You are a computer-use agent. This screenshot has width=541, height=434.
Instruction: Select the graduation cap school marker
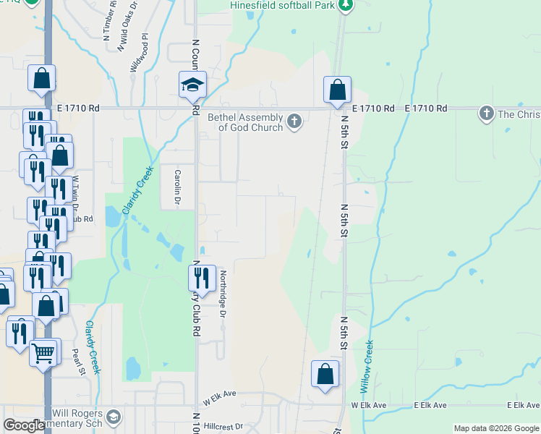coord(193,85)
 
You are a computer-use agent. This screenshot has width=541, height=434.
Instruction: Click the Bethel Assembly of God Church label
coord(245,122)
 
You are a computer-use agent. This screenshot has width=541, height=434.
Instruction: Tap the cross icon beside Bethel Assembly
coord(294,121)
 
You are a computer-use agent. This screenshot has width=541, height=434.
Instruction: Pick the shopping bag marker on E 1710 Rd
coord(337,90)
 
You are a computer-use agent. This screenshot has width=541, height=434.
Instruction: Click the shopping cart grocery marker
coord(43,354)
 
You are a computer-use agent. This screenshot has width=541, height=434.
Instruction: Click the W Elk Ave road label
coord(220,397)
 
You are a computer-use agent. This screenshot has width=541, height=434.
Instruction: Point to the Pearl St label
coord(79,362)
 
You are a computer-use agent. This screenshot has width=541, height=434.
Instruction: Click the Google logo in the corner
coord(24,425)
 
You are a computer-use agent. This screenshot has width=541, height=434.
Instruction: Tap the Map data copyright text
coord(497,428)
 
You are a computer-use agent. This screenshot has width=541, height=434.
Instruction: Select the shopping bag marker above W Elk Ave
coord(325,374)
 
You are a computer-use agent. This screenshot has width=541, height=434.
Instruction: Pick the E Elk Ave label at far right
coord(522,406)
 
